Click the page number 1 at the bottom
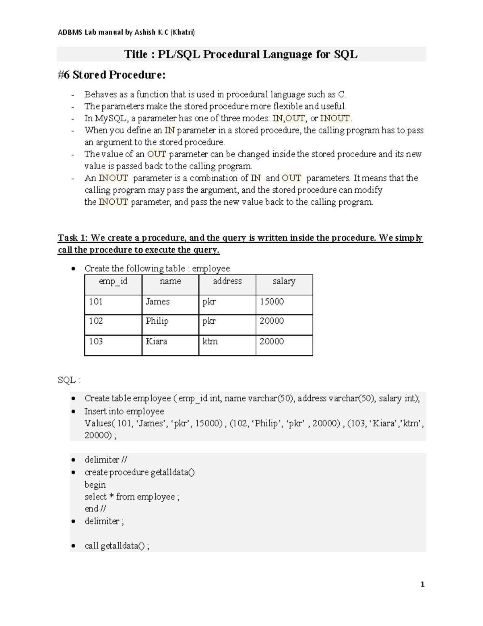[422, 584]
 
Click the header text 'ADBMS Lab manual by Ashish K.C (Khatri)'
[126, 32]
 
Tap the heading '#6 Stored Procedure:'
[111, 75]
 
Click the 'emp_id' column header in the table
[113, 281]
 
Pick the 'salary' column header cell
[284, 281]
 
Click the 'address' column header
[227, 281]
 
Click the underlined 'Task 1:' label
[73, 238]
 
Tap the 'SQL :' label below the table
[69, 380]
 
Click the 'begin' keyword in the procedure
[95, 485]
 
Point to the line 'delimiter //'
[106, 460]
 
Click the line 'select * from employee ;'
[132, 497]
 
